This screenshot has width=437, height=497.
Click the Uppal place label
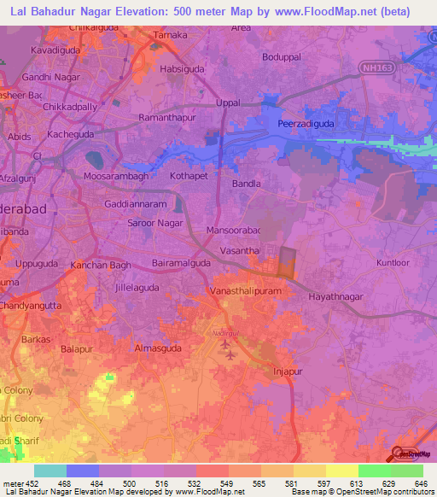coord(228,102)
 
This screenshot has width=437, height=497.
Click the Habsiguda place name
coord(179,71)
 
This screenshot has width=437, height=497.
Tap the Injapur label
coord(288,373)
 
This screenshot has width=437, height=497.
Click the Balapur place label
coord(78,349)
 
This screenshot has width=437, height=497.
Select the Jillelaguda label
coord(126,288)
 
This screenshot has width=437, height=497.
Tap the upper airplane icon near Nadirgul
coord(225,344)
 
